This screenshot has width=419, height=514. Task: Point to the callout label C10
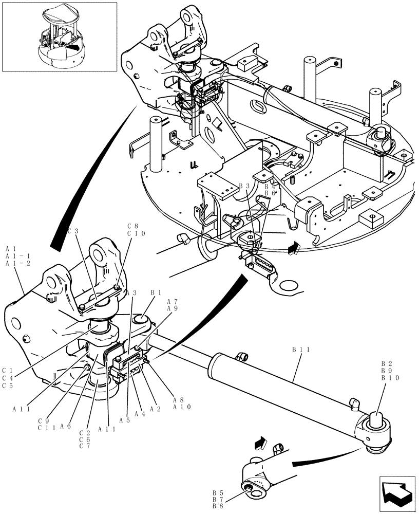137,233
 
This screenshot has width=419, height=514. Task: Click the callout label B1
156,292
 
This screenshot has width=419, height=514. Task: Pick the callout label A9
172,309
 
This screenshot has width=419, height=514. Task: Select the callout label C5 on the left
7,385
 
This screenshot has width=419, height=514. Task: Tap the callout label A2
156,410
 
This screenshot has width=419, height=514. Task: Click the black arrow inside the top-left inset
74,47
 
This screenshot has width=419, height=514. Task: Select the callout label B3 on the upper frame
244,186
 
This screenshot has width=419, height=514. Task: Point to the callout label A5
124,419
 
